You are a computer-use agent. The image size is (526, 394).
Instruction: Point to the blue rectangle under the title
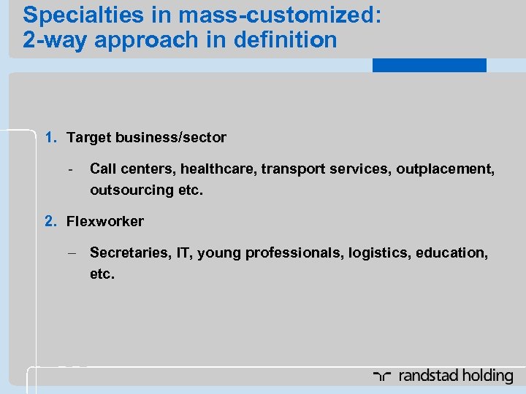[429, 65]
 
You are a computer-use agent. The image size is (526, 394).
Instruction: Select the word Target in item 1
[87, 137]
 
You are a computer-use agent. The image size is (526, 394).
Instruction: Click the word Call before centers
[103, 169]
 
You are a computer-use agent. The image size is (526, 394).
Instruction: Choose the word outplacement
[446, 169]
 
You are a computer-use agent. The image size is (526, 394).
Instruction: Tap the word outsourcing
[125, 190]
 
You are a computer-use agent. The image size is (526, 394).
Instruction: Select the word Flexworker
[105, 221]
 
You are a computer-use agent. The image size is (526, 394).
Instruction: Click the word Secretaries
[126, 253]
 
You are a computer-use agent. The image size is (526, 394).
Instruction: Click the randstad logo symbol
[382, 376]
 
